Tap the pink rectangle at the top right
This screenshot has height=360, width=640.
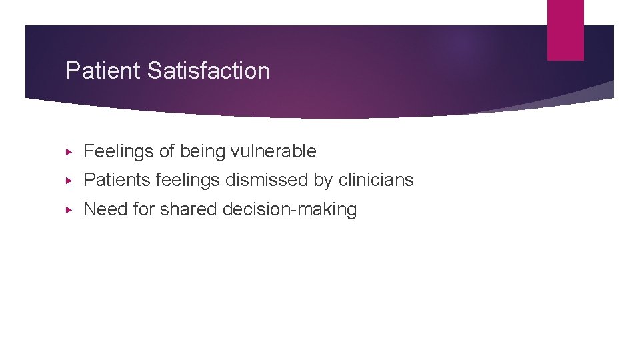click(565, 30)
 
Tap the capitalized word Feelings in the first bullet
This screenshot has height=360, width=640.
click(119, 152)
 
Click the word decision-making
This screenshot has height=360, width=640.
click(289, 210)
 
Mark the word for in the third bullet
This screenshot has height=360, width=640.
click(143, 209)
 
